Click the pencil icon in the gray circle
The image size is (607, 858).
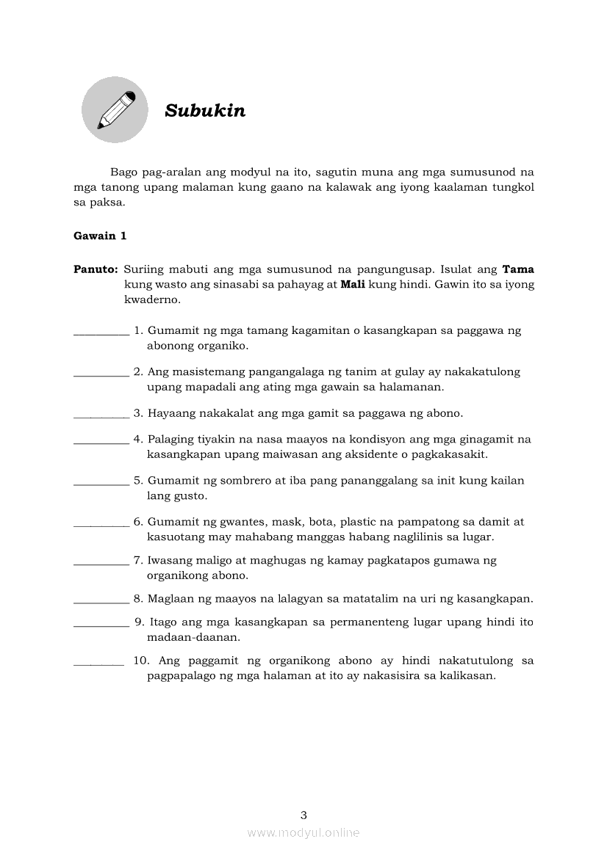coord(115,109)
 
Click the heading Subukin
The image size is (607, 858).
coord(205,111)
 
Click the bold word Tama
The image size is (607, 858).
coord(518,269)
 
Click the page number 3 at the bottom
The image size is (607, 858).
coord(303,815)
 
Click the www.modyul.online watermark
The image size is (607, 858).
coord(303,833)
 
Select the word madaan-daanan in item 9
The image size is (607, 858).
coord(188,637)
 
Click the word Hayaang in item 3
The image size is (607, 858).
coord(171,413)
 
